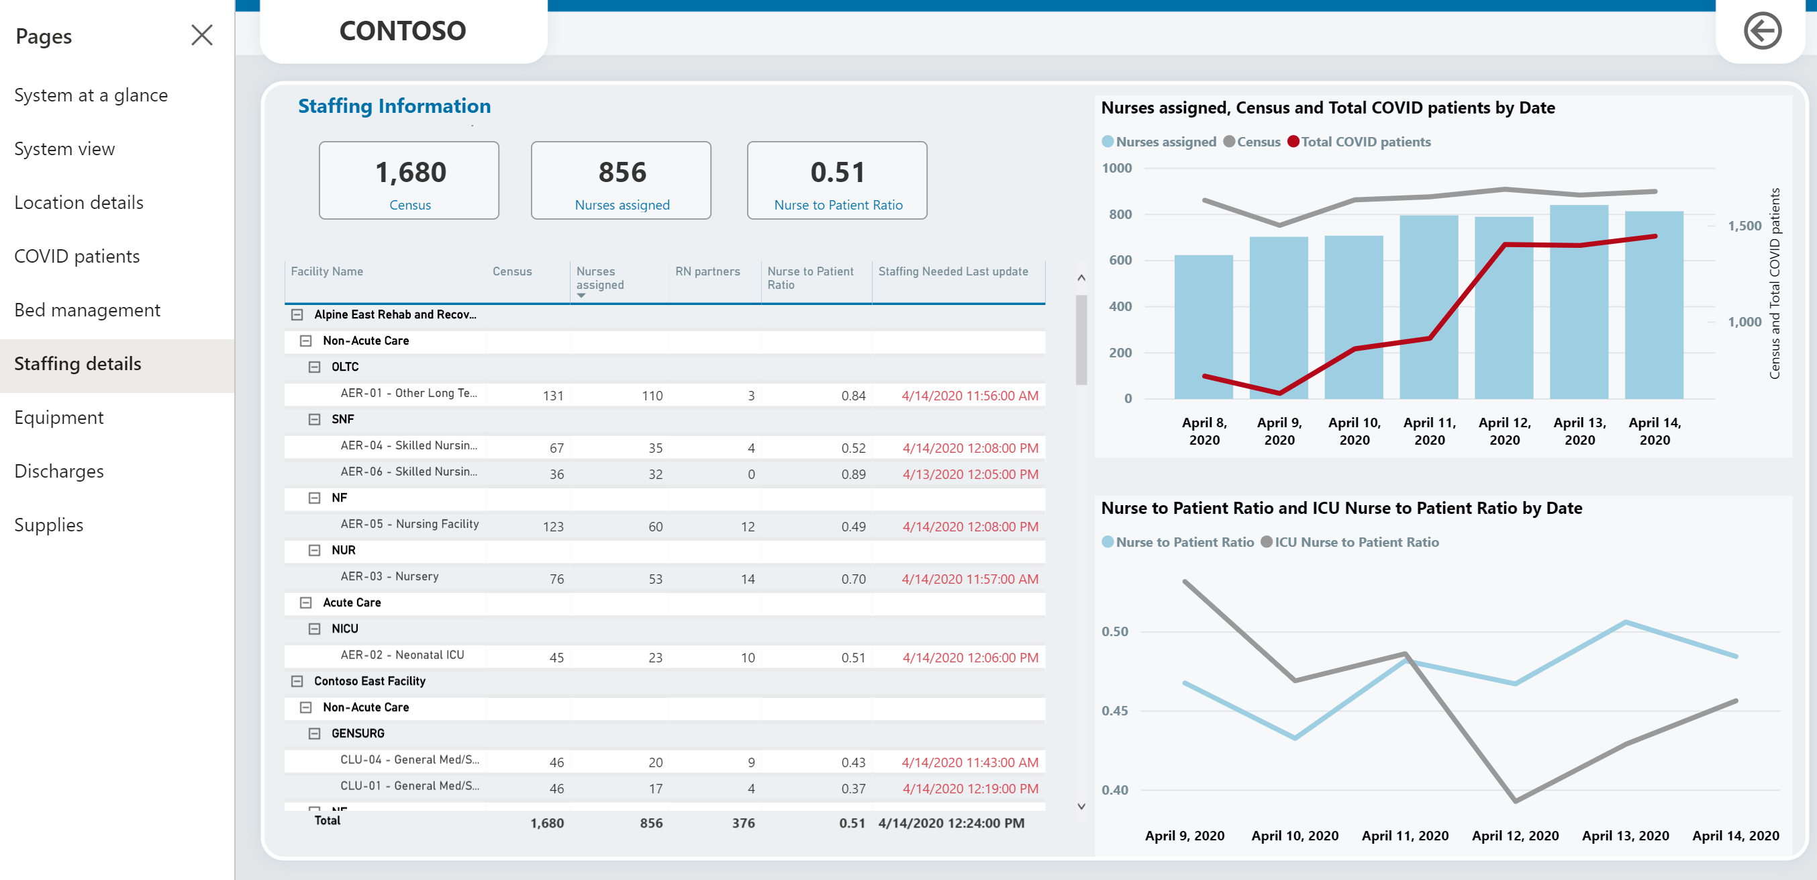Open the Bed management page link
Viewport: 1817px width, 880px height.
[x=87, y=310]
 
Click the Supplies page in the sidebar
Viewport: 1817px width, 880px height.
[x=49, y=525]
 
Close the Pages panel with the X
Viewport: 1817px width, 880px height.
[x=202, y=34]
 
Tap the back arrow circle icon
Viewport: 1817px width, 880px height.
[x=1762, y=31]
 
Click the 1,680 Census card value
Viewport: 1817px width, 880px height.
[x=411, y=172]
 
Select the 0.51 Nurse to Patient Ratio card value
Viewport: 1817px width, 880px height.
[x=837, y=172]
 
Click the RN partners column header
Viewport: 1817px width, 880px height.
[x=707, y=271]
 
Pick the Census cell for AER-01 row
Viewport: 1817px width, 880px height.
[x=553, y=396]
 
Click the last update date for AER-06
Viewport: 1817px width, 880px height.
[x=970, y=474]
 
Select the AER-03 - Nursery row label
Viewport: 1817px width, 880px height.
[x=389, y=576]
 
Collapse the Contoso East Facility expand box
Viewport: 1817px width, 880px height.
[x=297, y=681]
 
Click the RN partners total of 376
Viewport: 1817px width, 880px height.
[x=744, y=823]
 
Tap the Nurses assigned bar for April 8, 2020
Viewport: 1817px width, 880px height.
[x=1204, y=326]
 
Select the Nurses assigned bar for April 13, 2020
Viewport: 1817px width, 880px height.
[x=1579, y=302]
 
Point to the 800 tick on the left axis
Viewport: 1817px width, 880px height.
[x=1120, y=214]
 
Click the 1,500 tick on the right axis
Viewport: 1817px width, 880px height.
[x=1745, y=226]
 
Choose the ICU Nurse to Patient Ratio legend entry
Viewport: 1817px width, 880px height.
[x=1349, y=542]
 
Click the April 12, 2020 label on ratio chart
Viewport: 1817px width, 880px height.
[x=1515, y=836]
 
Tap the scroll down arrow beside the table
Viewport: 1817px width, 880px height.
[x=1081, y=806]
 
